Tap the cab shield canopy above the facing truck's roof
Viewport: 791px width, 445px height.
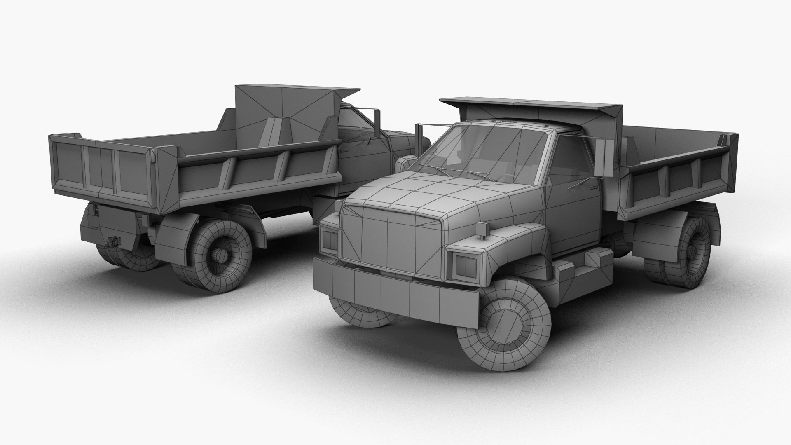click(531, 107)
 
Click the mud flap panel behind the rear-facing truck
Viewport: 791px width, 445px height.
click(119, 227)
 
